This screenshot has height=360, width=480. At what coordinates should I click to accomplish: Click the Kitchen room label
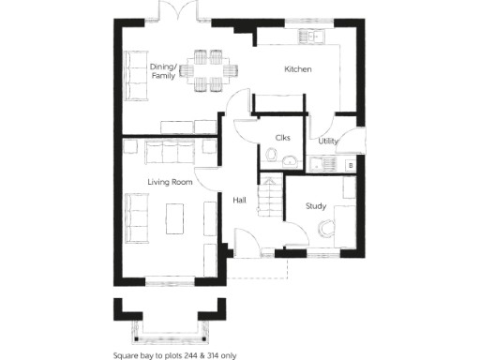coord(298,70)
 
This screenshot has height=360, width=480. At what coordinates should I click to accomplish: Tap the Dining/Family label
coord(164,70)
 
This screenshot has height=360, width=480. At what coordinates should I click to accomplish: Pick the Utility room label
coord(328,141)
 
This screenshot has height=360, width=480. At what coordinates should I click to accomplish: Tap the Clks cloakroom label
coord(282,138)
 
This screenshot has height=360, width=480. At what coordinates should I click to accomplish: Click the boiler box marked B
coord(350,165)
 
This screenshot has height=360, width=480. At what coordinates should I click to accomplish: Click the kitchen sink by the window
coord(312,37)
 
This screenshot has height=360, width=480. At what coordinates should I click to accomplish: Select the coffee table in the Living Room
coord(175,219)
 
